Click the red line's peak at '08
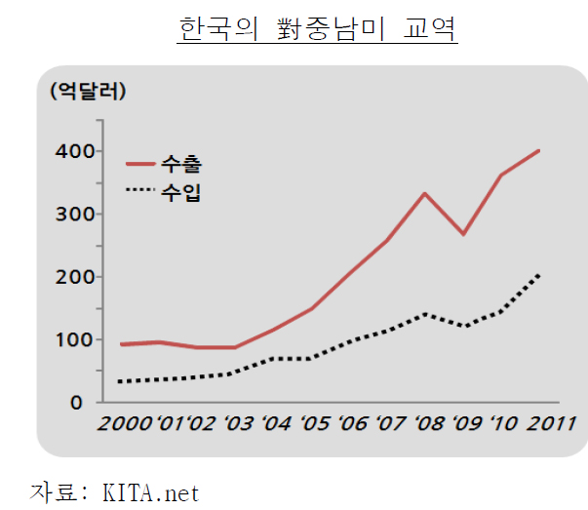click(x=424, y=193)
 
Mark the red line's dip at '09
click(x=462, y=234)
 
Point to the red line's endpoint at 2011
click(x=539, y=151)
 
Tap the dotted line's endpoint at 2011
click(x=539, y=276)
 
